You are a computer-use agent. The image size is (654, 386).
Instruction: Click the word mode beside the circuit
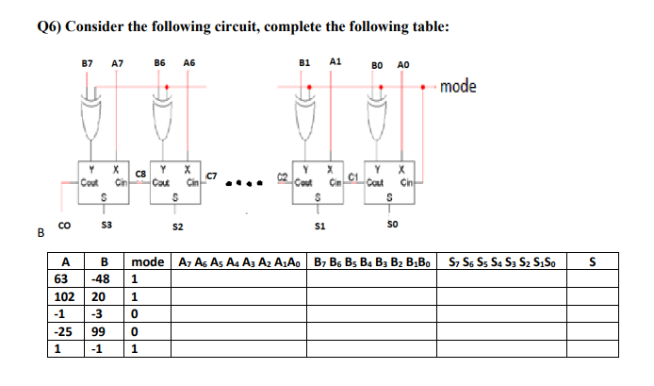[x=458, y=87]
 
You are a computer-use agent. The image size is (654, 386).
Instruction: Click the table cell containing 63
[x=63, y=279]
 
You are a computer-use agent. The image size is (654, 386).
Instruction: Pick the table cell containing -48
[x=101, y=279]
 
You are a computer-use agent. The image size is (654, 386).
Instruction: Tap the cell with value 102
[x=63, y=296]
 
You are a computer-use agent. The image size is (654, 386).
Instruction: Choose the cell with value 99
[x=101, y=331]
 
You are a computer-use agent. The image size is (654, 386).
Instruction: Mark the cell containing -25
[x=63, y=331]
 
